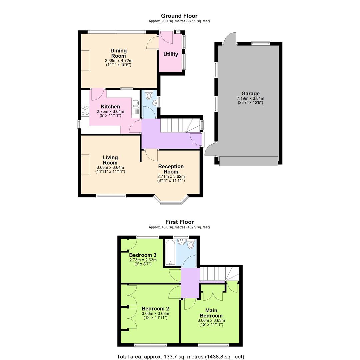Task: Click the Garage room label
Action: point(250,94)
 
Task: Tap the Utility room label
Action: point(171,54)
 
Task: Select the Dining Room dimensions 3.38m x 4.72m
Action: point(119,61)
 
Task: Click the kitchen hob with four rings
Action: point(85,110)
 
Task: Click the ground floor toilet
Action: point(149,95)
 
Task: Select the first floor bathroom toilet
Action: point(191,245)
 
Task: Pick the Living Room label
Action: point(110,160)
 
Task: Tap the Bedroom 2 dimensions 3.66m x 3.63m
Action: point(155,314)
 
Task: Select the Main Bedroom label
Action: point(211,313)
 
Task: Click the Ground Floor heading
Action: point(179,16)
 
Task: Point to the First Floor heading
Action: point(179,222)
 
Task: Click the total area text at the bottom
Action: point(180,357)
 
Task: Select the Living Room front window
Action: point(111,196)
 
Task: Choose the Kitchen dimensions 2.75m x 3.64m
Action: point(110,112)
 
